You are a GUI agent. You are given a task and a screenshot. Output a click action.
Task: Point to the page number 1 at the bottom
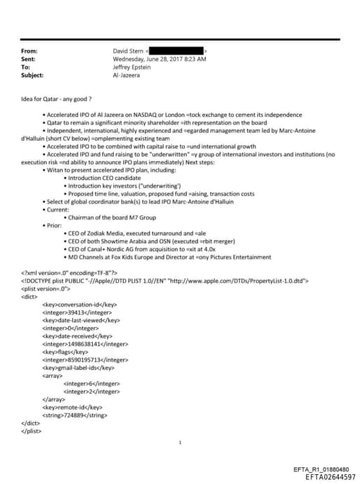[x=181, y=442]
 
